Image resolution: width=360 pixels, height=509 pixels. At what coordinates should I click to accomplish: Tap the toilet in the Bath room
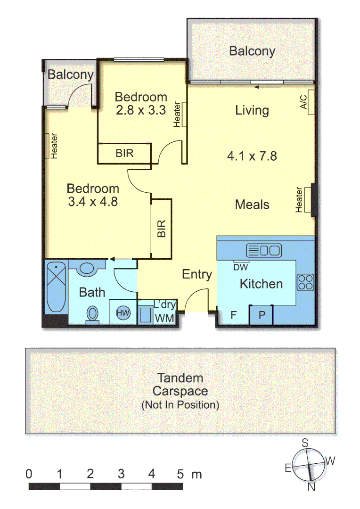[x=92, y=313]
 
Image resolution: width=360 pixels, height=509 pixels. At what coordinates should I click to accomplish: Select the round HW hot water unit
[x=123, y=312]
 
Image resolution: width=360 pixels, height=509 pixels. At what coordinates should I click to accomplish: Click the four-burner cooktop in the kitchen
[x=305, y=282]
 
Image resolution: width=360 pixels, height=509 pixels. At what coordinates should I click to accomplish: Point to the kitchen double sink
[x=263, y=250]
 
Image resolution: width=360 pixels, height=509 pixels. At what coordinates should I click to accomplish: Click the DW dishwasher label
[x=240, y=267]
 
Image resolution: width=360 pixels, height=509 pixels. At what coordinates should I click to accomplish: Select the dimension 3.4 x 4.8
[x=92, y=202]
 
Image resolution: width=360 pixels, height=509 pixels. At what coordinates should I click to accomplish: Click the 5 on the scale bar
[x=180, y=474]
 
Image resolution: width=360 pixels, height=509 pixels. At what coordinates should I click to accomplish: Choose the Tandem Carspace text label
[x=180, y=384]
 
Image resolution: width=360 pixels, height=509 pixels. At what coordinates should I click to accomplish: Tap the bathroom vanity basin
[x=87, y=269]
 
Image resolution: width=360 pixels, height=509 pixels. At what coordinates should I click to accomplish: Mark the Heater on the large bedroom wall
[x=54, y=146]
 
